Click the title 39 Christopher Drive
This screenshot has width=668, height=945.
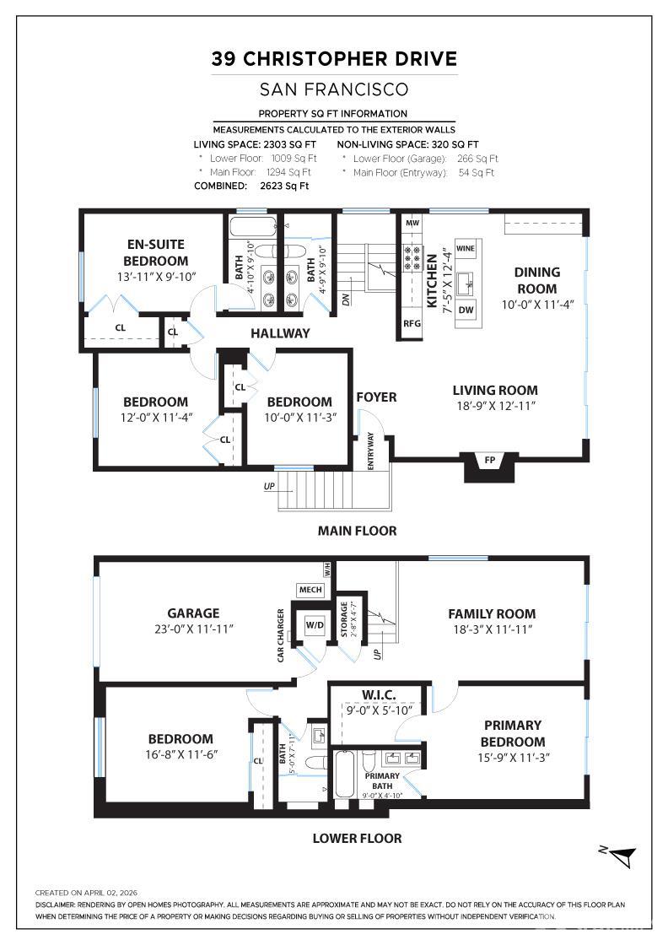coord(334,58)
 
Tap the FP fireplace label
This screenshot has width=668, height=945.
coord(490,461)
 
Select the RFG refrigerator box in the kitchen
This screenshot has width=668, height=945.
coord(412,323)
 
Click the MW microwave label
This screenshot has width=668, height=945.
coord(412,224)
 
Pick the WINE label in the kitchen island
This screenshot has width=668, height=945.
coord(466,249)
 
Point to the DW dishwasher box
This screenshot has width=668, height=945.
coord(466,310)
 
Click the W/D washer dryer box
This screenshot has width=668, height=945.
coord(314,626)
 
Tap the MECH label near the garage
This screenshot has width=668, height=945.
coord(309,590)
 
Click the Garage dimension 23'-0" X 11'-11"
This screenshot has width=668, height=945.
coord(193,629)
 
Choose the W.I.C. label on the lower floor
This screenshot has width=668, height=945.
coord(379,694)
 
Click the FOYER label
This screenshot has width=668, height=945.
coord(376,397)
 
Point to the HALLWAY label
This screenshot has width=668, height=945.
coord(280,333)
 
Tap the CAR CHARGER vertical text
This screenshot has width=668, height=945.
coord(281,634)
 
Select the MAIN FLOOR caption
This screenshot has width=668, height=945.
coord(357,531)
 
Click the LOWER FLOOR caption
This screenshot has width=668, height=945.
coord(357,838)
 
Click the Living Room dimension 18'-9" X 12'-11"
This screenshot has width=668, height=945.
coord(495,406)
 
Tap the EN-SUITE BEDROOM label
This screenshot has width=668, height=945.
coord(155,253)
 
